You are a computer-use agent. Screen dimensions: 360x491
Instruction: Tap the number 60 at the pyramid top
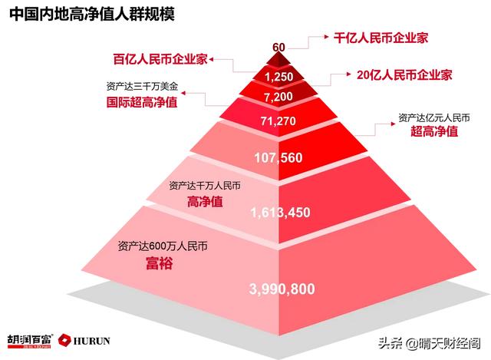tap(278, 48)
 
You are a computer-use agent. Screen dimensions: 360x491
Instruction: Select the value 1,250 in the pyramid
tap(278, 78)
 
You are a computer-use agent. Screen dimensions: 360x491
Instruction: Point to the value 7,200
tap(278, 97)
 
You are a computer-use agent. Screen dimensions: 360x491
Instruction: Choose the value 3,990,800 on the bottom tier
tap(282, 289)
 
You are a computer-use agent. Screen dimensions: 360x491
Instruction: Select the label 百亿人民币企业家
tap(160, 58)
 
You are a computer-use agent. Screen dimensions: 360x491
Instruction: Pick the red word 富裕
tap(160, 265)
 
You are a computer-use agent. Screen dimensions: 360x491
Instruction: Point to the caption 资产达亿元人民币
tap(433, 117)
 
